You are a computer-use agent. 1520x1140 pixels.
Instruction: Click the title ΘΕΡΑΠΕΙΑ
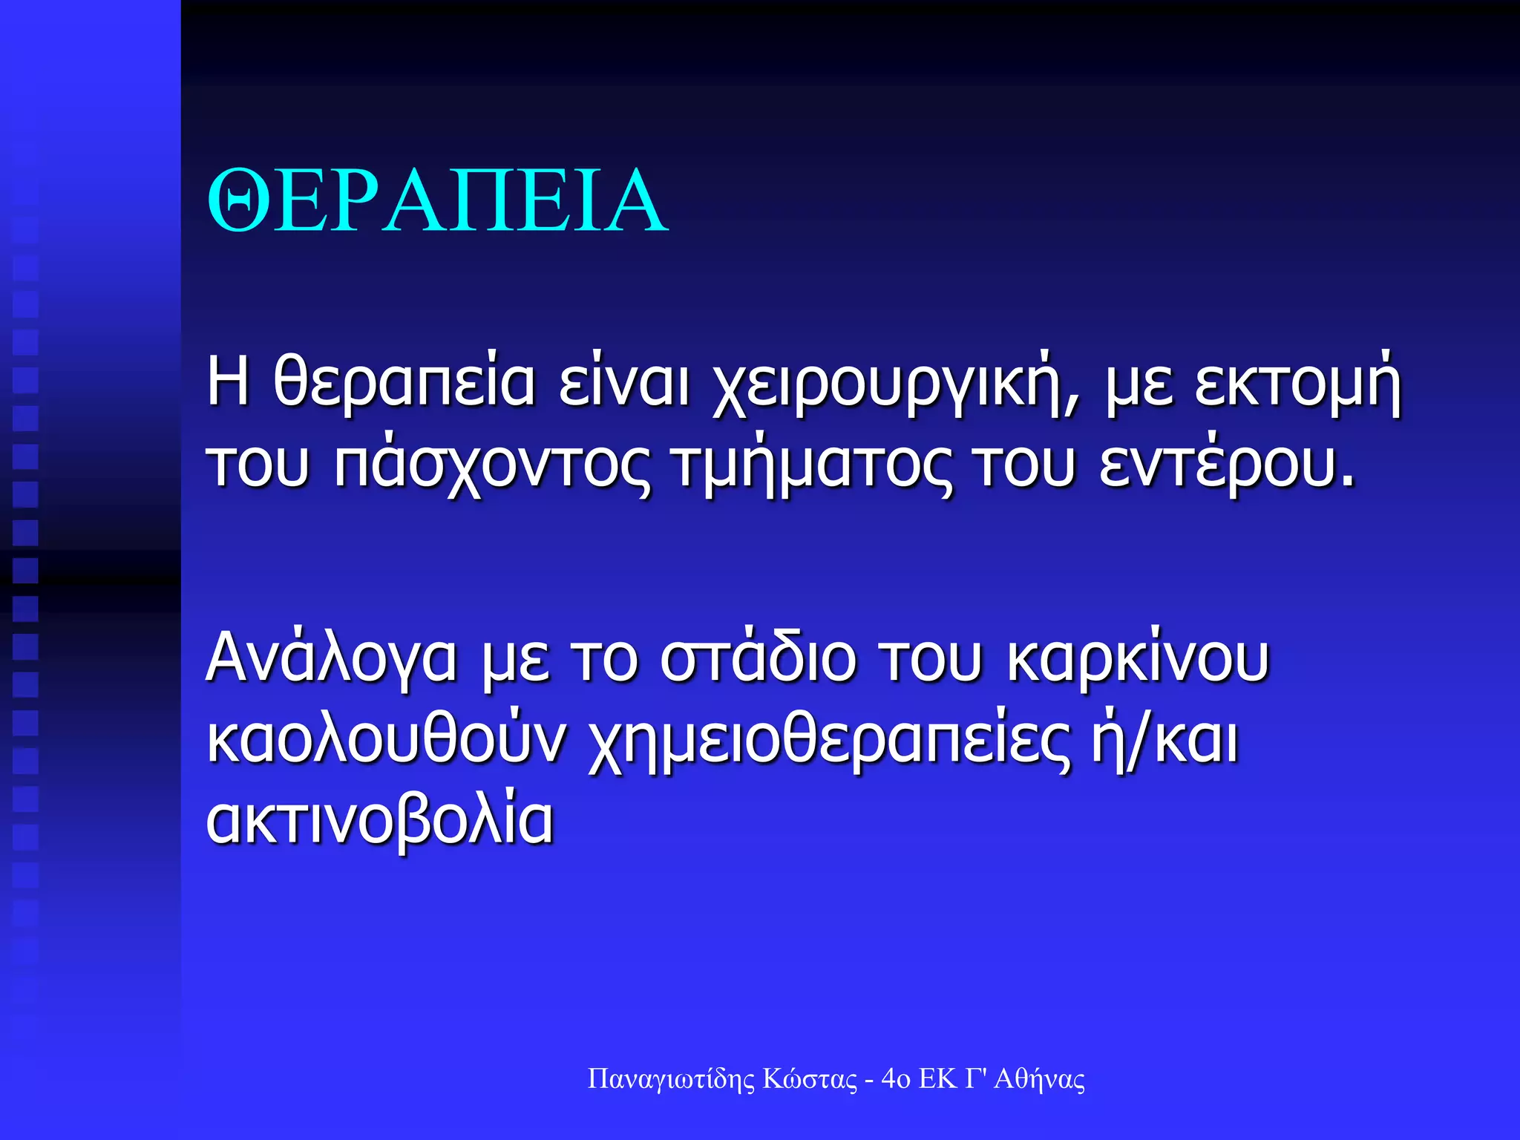pos(438,202)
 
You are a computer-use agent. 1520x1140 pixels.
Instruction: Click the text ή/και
pos(1164,740)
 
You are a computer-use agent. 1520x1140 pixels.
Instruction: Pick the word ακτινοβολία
pos(379,822)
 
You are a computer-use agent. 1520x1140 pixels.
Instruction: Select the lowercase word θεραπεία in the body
pos(404,384)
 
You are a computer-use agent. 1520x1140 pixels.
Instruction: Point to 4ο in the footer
pos(895,1079)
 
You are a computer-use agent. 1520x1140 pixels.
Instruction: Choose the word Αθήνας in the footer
pos(1039,1079)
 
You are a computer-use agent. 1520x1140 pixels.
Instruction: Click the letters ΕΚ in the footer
pos(937,1079)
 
